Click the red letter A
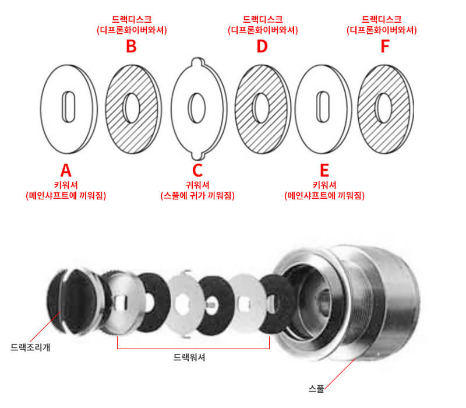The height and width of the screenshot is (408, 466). tap(66, 170)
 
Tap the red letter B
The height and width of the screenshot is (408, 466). tap(132, 47)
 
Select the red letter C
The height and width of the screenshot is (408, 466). tap(197, 170)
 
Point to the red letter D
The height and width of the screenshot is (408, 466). tap(262, 47)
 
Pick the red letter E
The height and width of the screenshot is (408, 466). tap(324, 170)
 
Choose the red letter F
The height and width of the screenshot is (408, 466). tap(384, 47)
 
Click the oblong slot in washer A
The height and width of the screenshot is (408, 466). tap(67, 107)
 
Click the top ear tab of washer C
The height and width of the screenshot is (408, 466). tap(197, 61)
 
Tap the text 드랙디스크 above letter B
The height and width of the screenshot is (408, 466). tap(132, 19)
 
